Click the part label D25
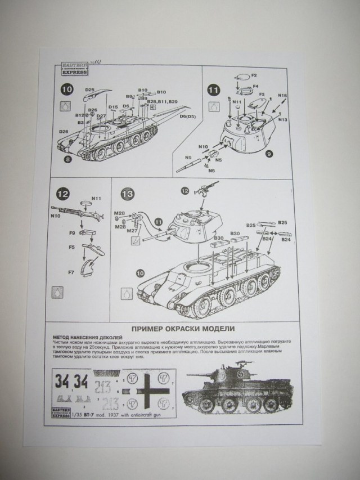pos(90,88)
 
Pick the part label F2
pos(254,75)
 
